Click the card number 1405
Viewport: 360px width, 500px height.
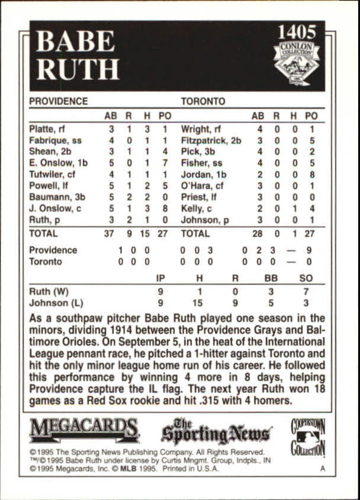pos(297,32)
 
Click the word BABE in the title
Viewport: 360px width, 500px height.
pos(76,41)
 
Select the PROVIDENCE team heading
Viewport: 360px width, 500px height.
pos(58,101)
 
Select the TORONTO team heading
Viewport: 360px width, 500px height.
pos(202,101)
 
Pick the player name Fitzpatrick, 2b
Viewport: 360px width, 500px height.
pos(211,140)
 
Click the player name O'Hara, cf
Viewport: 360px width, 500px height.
pos(201,185)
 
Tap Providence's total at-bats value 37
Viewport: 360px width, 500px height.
pos(109,233)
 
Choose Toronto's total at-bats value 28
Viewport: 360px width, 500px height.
pos(257,233)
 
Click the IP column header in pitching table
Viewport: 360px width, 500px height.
pos(160,278)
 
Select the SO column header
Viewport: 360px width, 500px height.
pos(306,278)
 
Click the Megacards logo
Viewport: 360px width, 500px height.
pos(84,430)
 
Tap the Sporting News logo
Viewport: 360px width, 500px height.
pos(216,432)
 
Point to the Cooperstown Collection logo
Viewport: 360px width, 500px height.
pos(308,437)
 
